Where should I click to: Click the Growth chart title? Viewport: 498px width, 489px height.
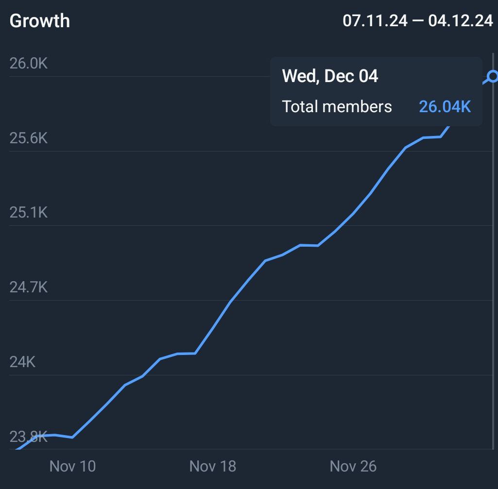(40, 21)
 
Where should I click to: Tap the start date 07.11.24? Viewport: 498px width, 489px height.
(375, 21)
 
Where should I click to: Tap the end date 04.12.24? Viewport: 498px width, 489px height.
(461, 21)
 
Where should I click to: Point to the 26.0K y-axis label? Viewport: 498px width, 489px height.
(29, 64)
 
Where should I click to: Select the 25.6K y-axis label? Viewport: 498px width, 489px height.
(29, 138)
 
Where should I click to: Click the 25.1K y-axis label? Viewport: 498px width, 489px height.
(29, 213)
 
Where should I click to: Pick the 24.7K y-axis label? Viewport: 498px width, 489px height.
(29, 287)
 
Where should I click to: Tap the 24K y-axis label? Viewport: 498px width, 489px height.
(22, 362)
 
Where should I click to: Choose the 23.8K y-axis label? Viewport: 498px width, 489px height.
(29, 437)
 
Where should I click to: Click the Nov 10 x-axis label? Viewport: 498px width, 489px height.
(72, 467)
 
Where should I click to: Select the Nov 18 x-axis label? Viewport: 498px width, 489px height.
(212, 467)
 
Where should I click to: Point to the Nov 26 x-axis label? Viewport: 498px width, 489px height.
(353, 467)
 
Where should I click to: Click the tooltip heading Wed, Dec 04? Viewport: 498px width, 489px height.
(330, 76)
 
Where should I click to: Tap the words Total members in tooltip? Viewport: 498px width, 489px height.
(337, 106)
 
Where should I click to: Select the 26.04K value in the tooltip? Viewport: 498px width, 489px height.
(445, 106)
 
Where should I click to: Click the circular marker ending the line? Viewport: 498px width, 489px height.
(493, 76)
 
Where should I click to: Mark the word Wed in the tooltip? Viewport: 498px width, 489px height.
(299, 76)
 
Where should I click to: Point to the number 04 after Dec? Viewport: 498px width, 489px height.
(368, 76)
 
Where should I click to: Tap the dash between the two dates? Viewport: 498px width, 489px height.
(418, 21)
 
